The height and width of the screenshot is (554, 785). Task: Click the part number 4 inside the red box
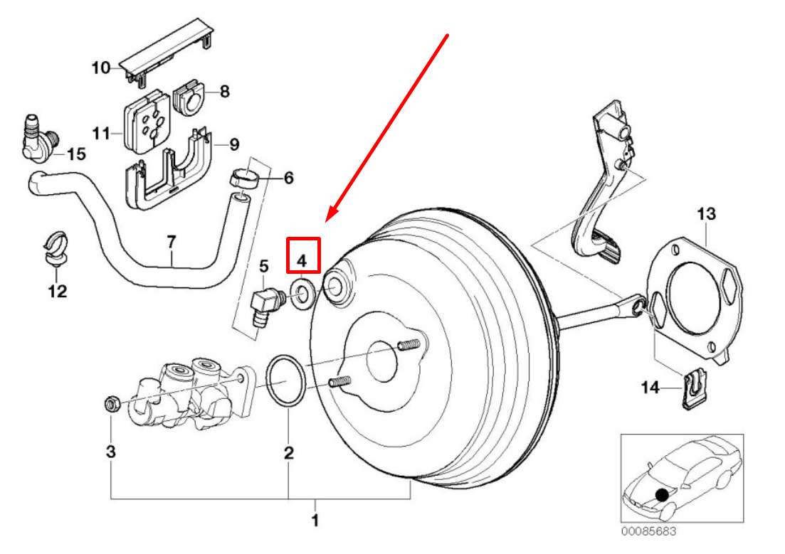pos(302,260)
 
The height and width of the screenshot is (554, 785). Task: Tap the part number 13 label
pos(705,213)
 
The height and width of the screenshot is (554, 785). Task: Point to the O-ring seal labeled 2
pos(287,383)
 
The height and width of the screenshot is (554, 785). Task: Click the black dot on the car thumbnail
pos(663,494)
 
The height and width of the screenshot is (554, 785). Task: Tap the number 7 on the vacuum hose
pos(171,243)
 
